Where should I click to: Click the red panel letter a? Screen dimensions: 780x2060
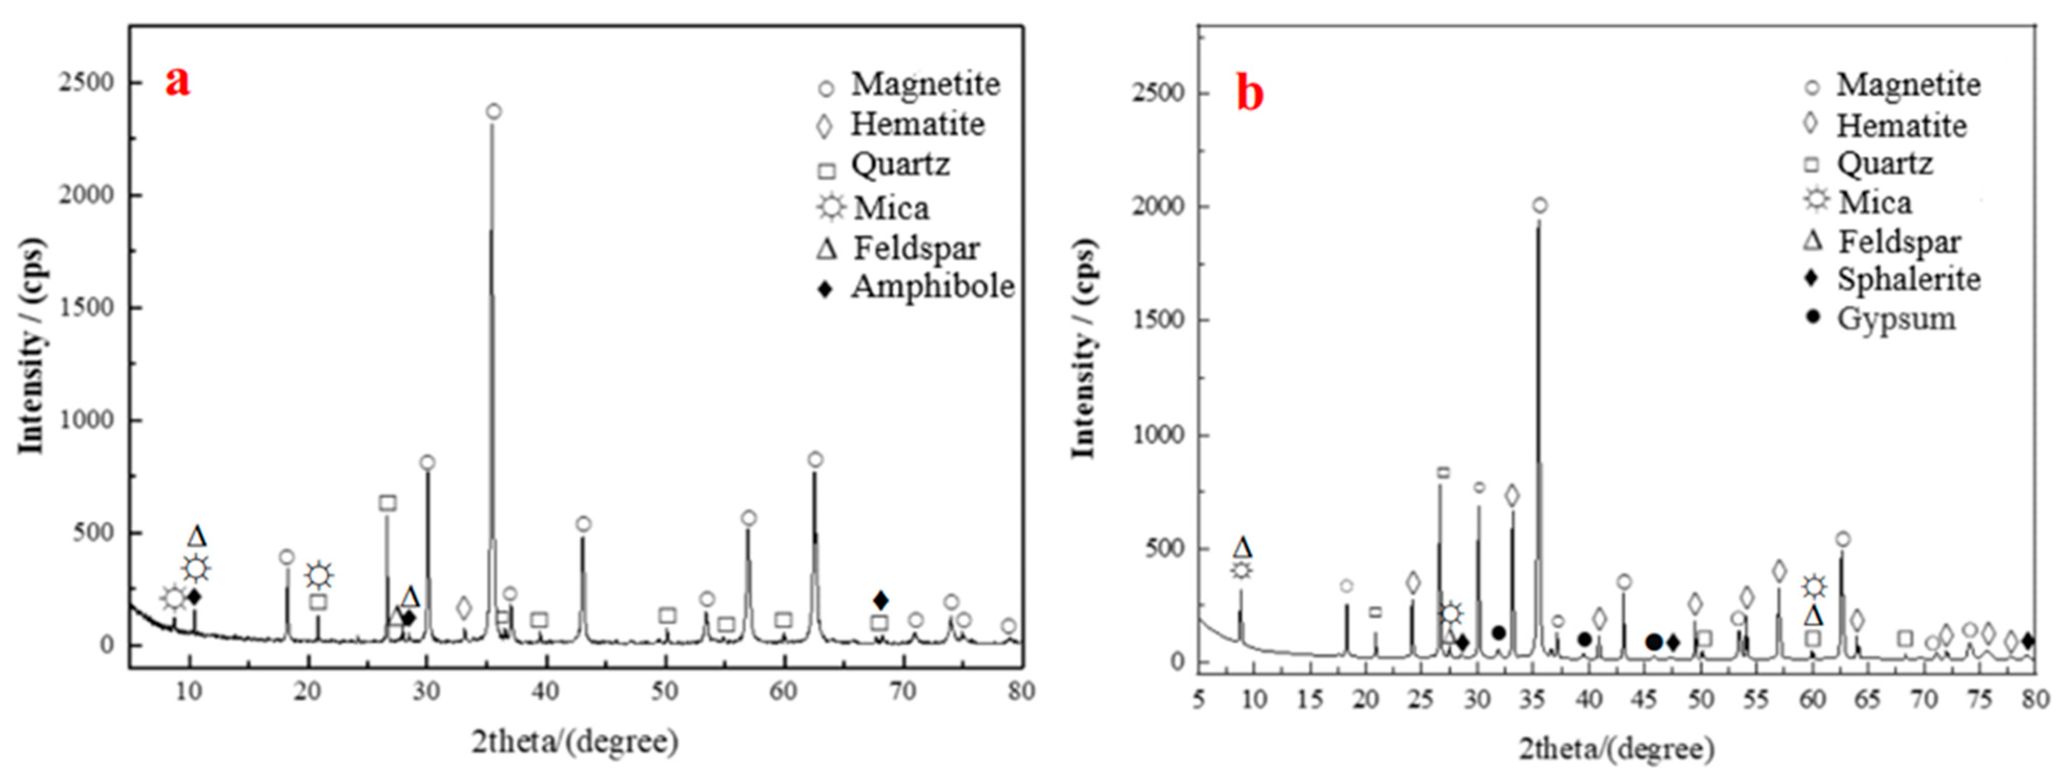tap(177, 81)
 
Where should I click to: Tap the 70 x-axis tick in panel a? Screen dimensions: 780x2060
tap(904, 690)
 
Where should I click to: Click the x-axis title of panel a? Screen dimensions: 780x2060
tap(574, 742)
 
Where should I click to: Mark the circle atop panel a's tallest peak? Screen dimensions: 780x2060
tap(494, 112)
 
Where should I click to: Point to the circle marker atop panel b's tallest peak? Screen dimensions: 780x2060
tap(1539, 205)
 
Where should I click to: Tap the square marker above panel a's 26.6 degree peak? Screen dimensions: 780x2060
tap(388, 503)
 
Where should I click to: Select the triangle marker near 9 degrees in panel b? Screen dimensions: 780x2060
tap(1242, 548)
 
